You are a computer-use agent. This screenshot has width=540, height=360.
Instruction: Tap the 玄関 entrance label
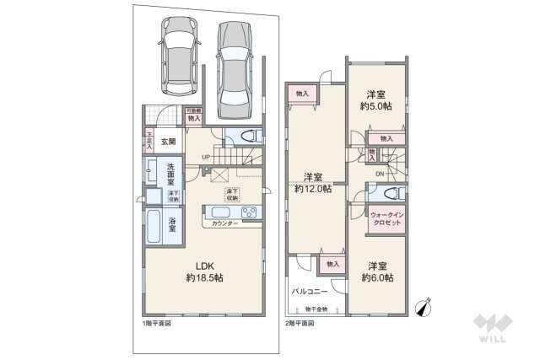click(168, 142)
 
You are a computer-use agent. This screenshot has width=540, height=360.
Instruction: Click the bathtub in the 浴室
click(154, 225)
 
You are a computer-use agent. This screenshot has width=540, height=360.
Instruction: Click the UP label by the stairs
click(207, 156)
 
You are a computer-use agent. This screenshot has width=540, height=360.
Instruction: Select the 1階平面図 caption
click(157, 323)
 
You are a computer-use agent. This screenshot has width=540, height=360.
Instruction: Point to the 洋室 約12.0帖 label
click(313, 183)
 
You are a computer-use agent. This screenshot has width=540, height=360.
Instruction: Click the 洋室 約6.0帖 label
click(375, 271)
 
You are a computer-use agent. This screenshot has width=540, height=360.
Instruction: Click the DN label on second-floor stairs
click(381, 175)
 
